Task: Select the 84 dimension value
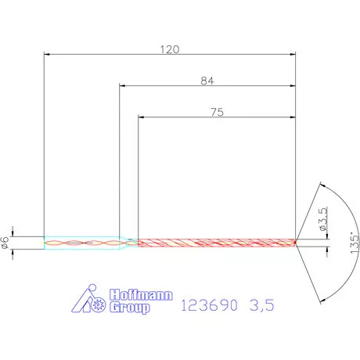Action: coord(207,80)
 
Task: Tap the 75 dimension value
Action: coord(218,112)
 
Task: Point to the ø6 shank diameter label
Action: coord(6,243)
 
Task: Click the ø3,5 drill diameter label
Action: coord(322,221)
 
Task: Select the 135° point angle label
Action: coord(354,243)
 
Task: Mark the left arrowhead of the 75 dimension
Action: coord(142,118)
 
